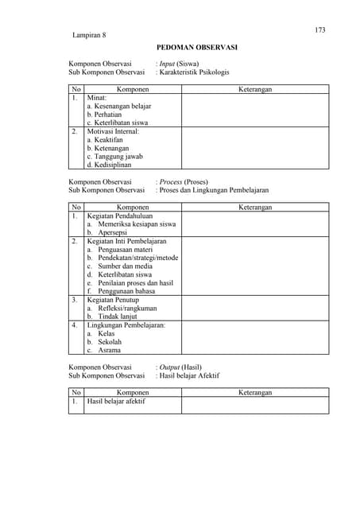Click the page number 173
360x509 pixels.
coord(320,30)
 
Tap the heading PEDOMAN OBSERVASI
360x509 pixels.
coord(196,48)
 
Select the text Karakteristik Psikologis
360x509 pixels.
coord(194,72)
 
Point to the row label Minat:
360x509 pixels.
coord(97,98)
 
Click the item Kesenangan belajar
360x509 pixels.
coord(119,106)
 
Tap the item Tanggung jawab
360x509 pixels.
coord(114,157)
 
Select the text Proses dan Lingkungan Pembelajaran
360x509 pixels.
coord(214,190)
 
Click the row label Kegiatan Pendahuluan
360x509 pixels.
coord(120,216)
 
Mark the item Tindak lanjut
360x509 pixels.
coord(116,317)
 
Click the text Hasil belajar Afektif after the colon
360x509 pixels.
coord(189,375)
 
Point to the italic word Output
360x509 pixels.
coord(169,367)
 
